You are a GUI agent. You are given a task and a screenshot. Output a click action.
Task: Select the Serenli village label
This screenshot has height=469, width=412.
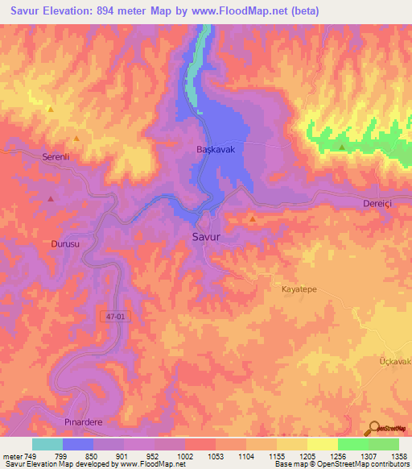[x=58, y=158]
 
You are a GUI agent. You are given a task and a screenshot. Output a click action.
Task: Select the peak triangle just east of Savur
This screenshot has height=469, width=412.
[x=253, y=218]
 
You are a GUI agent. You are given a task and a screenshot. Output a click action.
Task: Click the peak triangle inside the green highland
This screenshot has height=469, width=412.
[x=343, y=147]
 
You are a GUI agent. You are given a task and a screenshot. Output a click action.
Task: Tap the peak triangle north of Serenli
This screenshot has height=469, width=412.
[x=51, y=109]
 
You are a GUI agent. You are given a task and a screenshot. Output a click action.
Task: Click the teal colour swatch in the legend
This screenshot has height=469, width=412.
[x=47, y=444]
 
